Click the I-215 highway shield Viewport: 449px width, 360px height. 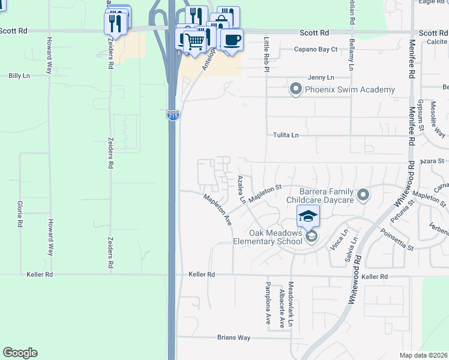tap(172, 115)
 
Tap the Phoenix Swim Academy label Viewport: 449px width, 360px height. tap(350, 90)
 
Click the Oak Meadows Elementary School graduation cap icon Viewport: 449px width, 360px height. tap(308, 215)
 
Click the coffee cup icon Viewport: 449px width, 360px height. tap(232, 40)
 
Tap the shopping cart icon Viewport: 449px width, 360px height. tap(194, 42)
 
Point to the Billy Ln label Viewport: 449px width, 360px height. tap(19, 76)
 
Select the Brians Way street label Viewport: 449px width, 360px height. tap(234, 338)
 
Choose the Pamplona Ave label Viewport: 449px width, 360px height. tap(268, 304)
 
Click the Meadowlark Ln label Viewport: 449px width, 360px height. tap(291, 305)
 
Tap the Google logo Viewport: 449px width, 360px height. tap(20, 353)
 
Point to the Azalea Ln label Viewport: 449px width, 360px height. tap(241, 189)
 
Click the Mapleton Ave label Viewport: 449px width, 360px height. tap(217, 209)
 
